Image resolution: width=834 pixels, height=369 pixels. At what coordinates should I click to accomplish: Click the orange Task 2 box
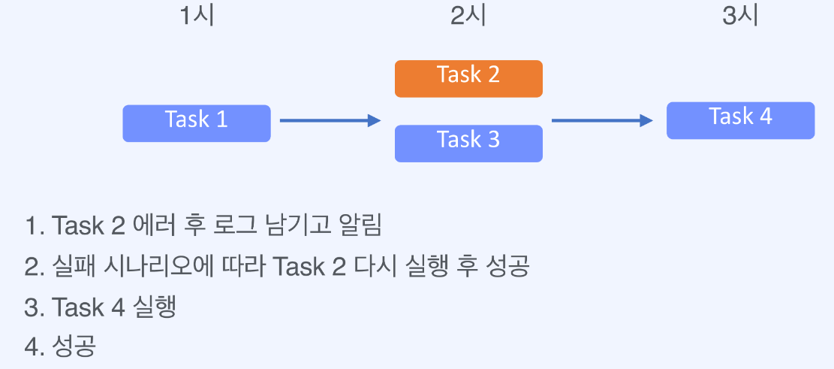coord(468,78)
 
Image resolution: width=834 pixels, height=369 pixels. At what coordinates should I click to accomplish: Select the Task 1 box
coord(196,122)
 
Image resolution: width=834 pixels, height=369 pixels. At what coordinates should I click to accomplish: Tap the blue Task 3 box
coord(468,143)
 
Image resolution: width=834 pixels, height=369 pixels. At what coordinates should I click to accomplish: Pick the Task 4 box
coord(740,120)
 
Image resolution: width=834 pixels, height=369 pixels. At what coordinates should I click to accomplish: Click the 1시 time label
coord(197,17)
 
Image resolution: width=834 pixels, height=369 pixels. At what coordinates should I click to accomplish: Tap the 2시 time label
coord(468,17)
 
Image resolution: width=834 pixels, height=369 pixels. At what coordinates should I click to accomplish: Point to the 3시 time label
coord(740,17)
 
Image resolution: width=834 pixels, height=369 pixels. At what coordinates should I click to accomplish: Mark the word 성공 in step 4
coord(75,347)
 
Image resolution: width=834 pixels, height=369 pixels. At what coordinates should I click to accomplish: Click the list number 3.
coord(32,307)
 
